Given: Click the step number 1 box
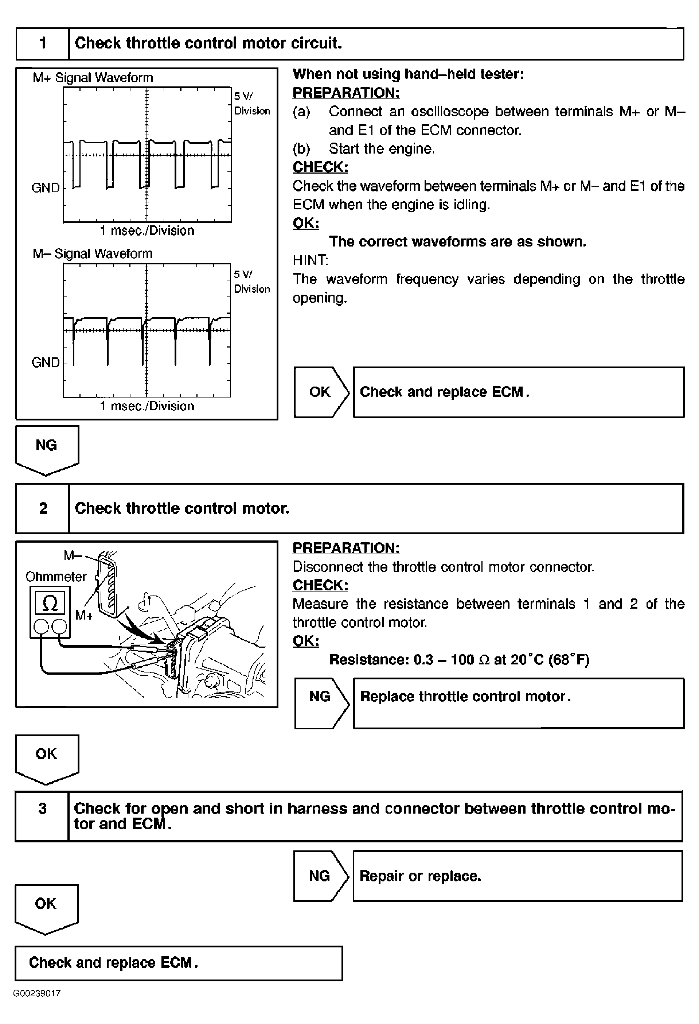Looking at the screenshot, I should (x=43, y=43).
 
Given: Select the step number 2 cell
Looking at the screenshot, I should (x=43, y=508).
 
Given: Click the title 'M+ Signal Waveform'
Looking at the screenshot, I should (x=93, y=78).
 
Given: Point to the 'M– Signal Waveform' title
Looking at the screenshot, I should (x=93, y=253).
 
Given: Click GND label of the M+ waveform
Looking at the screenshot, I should (x=45, y=188).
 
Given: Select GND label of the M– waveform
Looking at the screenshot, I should (x=45, y=362).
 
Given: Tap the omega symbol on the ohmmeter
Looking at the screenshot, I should (x=50, y=603).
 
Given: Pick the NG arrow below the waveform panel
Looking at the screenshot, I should (x=47, y=448).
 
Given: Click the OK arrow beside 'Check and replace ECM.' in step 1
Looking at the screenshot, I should (x=321, y=392).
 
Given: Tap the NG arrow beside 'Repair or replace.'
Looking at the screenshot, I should (x=320, y=876).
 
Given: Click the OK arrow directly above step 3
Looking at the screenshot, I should (x=47, y=757).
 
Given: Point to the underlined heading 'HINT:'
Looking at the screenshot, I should (x=310, y=260).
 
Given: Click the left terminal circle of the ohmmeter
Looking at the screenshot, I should (x=41, y=626).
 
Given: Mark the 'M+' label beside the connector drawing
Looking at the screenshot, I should (x=84, y=615).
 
